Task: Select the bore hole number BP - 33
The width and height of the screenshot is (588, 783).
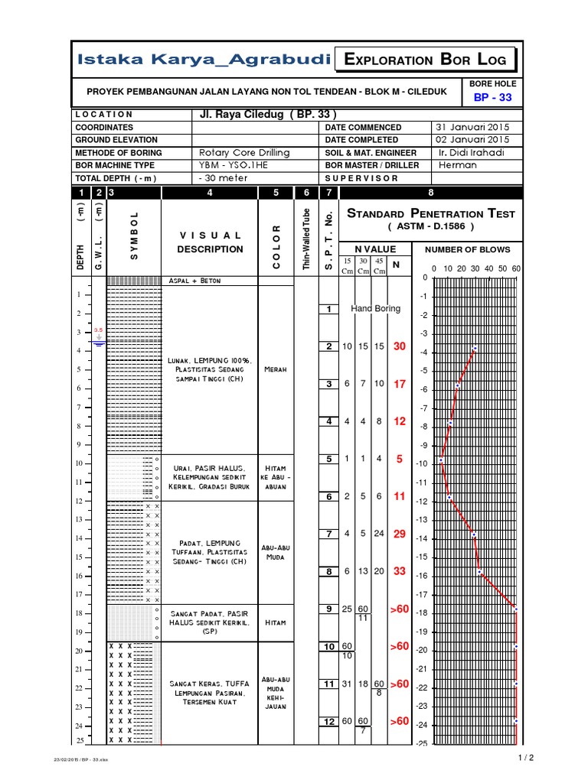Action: coord(492,98)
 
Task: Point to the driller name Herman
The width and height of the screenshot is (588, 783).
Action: coord(452,165)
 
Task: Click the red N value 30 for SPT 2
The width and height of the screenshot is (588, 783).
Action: coord(398,346)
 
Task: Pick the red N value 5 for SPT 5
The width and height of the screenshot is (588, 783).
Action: coord(398,460)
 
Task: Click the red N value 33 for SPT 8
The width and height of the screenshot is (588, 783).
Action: coord(398,571)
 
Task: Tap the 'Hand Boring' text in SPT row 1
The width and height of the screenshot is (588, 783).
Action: coord(375,309)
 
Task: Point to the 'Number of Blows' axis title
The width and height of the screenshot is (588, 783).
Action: coord(468,249)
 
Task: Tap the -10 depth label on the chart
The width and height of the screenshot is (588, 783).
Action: coord(421,463)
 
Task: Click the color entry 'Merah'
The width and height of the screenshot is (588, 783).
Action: coord(276,369)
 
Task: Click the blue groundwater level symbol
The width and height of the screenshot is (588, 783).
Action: coord(98,342)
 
